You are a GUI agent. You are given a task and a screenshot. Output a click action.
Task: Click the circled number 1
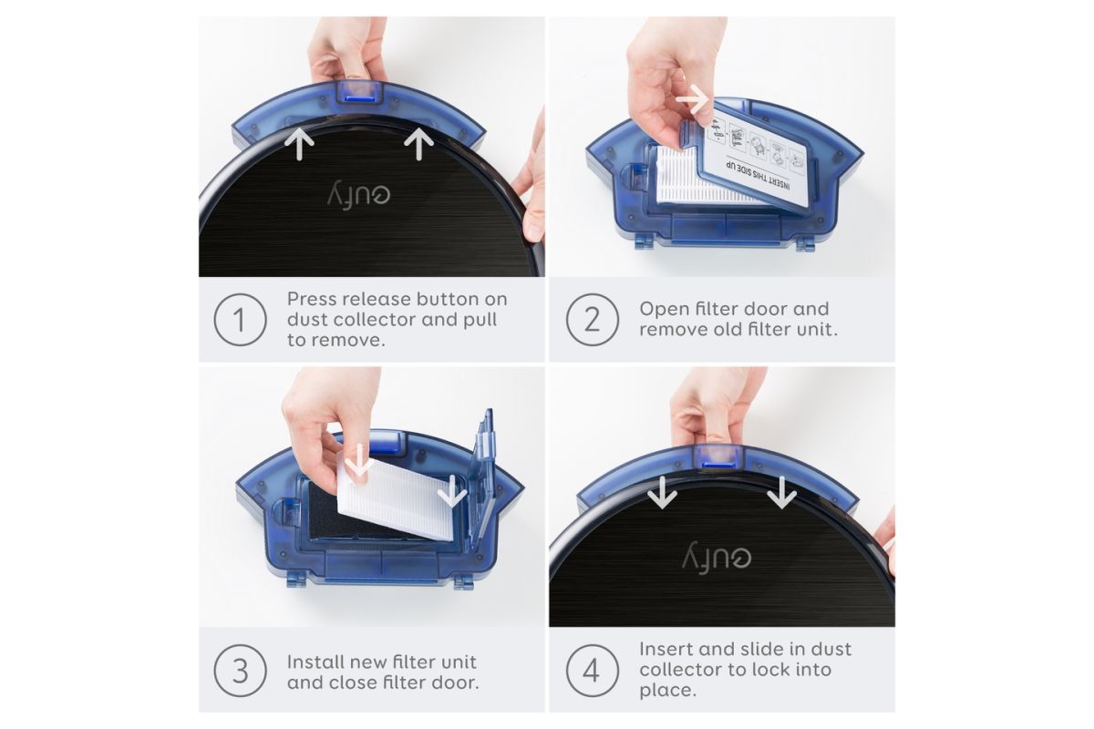pyautogui.click(x=241, y=320)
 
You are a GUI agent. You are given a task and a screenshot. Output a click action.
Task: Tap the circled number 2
pyautogui.click(x=593, y=320)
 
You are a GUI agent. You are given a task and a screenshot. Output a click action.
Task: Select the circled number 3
pyautogui.click(x=241, y=671)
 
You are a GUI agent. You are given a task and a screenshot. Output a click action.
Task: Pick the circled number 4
pyautogui.click(x=593, y=671)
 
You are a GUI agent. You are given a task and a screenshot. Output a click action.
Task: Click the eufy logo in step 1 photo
pyautogui.click(x=358, y=196)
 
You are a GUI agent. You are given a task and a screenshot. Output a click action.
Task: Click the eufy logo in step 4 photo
pyautogui.click(x=717, y=558)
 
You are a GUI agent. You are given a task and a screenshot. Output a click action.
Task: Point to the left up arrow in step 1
pyautogui.click(x=299, y=144)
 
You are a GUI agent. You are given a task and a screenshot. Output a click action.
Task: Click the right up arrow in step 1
pyautogui.click(x=419, y=144)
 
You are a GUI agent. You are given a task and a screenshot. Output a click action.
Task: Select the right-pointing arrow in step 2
pyautogui.click(x=693, y=100)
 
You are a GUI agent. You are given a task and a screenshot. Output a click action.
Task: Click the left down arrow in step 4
pyautogui.click(x=662, y=493)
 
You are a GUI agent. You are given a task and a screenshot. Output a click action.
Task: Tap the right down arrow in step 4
pyautogui.click(x=781, y=493)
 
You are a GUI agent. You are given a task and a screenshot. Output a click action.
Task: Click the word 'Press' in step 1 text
pyautogui.click(x=312, y=299)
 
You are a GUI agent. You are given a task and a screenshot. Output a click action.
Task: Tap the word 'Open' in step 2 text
pyautogui.click(x=661, y=310)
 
